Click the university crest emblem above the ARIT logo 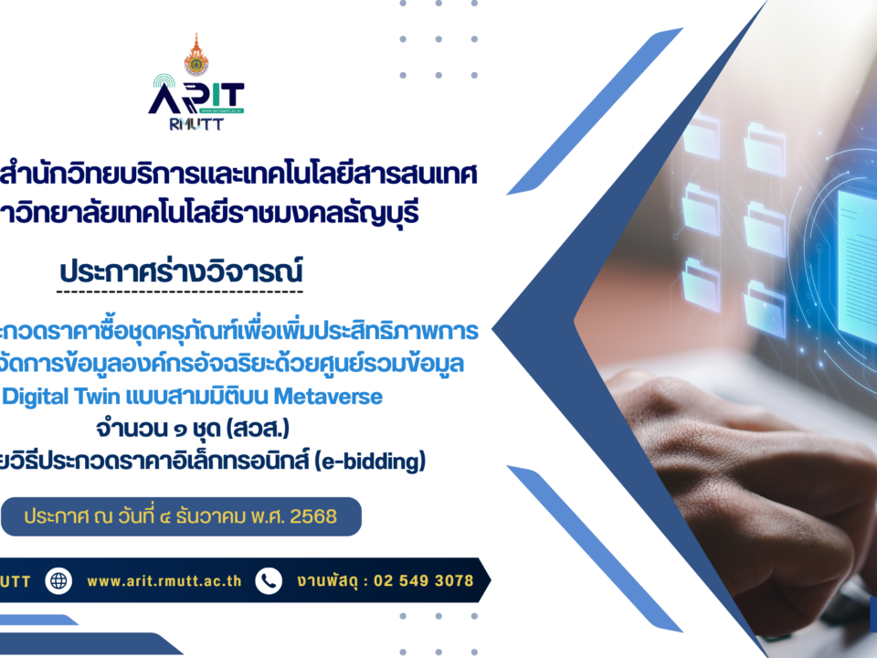pyautogui.click(x=195, y=55)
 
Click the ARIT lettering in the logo pyautogui.click(x=195, y=96)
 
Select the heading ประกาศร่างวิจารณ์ pyautogui.click(x=179, y=271)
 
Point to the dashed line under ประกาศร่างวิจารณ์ pyautogui.click(x=179, y=292)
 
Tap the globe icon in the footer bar pyautogui.click(x=59, y=580)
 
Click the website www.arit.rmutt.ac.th pyautogui.click(x=164, y=580)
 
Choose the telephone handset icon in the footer pyautogui.click(x=269, y=580)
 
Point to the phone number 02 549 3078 pyautogui.click(x=424, y=580)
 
